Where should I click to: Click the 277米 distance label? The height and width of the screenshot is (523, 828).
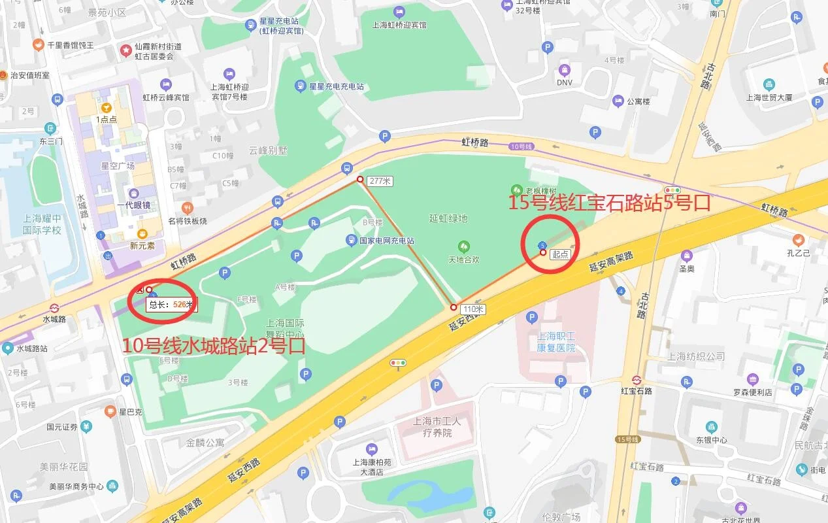(x=380, y=181)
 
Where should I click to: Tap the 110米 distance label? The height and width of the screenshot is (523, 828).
(x=472, y=309)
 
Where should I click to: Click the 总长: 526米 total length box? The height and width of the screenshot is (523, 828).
(x=171, y=304)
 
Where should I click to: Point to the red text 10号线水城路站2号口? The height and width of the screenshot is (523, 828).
(x=214, y=345)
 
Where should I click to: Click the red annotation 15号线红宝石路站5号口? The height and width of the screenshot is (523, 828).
(x=609, y=203)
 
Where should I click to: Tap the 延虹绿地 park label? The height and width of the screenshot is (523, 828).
(x=448, y=218)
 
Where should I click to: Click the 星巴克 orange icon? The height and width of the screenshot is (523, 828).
(x=110, y=412)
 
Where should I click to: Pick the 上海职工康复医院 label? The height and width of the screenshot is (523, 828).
(x=556, y=342)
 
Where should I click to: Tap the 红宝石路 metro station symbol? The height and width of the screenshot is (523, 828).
(x=637, y=380)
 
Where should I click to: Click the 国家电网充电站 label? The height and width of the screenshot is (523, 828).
(x=386, y=241)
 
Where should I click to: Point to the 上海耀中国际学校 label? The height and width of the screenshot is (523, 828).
(x=42, y=224)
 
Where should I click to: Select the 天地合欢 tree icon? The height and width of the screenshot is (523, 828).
(x=463, y=246)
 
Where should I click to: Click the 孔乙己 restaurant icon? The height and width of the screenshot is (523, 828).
(x=798, y=239)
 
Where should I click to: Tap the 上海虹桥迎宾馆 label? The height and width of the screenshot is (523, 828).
(x=399, y=25)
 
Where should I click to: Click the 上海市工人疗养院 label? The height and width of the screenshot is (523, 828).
(x=437, y=426)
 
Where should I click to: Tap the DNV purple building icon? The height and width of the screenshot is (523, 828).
(x=564, y=69)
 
